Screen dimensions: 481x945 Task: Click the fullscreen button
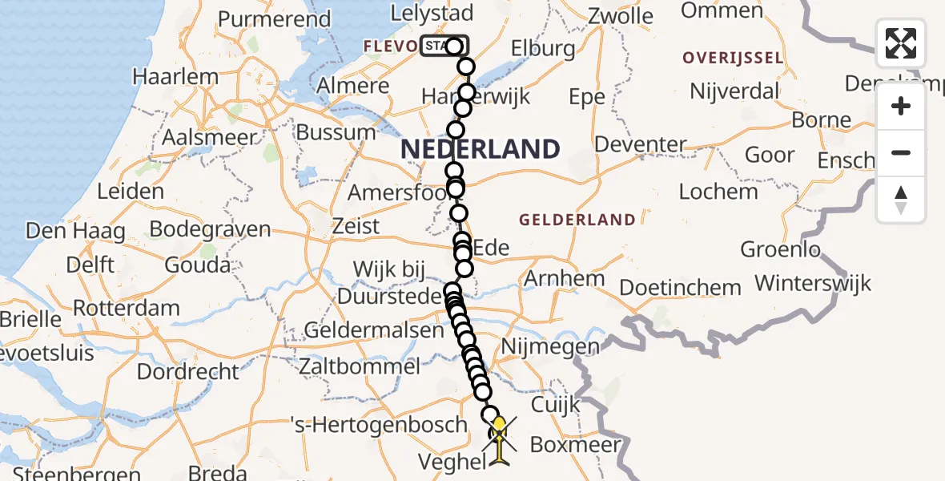coord(901,43)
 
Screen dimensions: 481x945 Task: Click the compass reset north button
coord(901,200)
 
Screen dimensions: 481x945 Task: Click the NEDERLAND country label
coord(480,149)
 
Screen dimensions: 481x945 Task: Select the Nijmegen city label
coord(549,347)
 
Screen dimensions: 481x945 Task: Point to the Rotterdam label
coord(127,308)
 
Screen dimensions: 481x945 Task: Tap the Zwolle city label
coord(621,16)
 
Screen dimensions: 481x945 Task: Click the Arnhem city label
coord(564,279)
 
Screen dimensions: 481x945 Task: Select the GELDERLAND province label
coord(577,220)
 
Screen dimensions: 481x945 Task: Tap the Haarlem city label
coord(175,77)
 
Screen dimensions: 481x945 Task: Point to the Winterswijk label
coord(813,283)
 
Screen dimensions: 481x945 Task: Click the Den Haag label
coord(76,232)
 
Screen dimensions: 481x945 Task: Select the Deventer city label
coord(641,145)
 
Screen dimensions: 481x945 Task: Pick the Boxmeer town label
coord(576,444)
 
